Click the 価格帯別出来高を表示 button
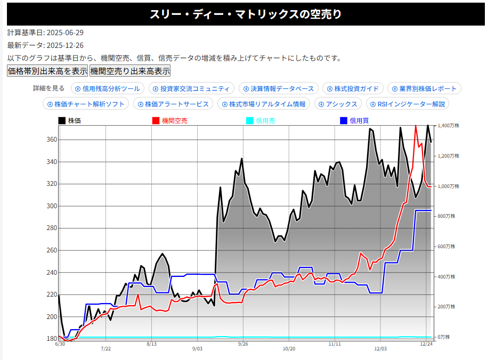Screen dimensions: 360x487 [47, 71]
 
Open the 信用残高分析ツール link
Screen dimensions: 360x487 [108, 88]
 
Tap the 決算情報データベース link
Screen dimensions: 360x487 [279, 88]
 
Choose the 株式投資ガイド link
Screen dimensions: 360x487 [353, 88]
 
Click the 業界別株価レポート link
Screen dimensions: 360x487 [425, 88]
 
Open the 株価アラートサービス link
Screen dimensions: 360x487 [173, 104]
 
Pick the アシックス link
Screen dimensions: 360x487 [338, 104]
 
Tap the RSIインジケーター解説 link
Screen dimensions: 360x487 [408, 104]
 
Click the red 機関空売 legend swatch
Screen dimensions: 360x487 [156, 121]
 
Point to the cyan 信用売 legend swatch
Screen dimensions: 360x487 [249, 121]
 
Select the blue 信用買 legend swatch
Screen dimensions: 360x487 [343, 121]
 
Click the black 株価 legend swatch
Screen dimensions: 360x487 [62, 121]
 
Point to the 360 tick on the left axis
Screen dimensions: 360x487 [51, 140]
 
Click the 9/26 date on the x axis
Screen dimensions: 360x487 [243, 344]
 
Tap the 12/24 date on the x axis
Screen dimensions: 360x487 [426, 344]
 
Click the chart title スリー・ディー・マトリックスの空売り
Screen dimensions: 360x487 [243, 14]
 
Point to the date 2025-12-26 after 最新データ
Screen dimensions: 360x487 [65, 45]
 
